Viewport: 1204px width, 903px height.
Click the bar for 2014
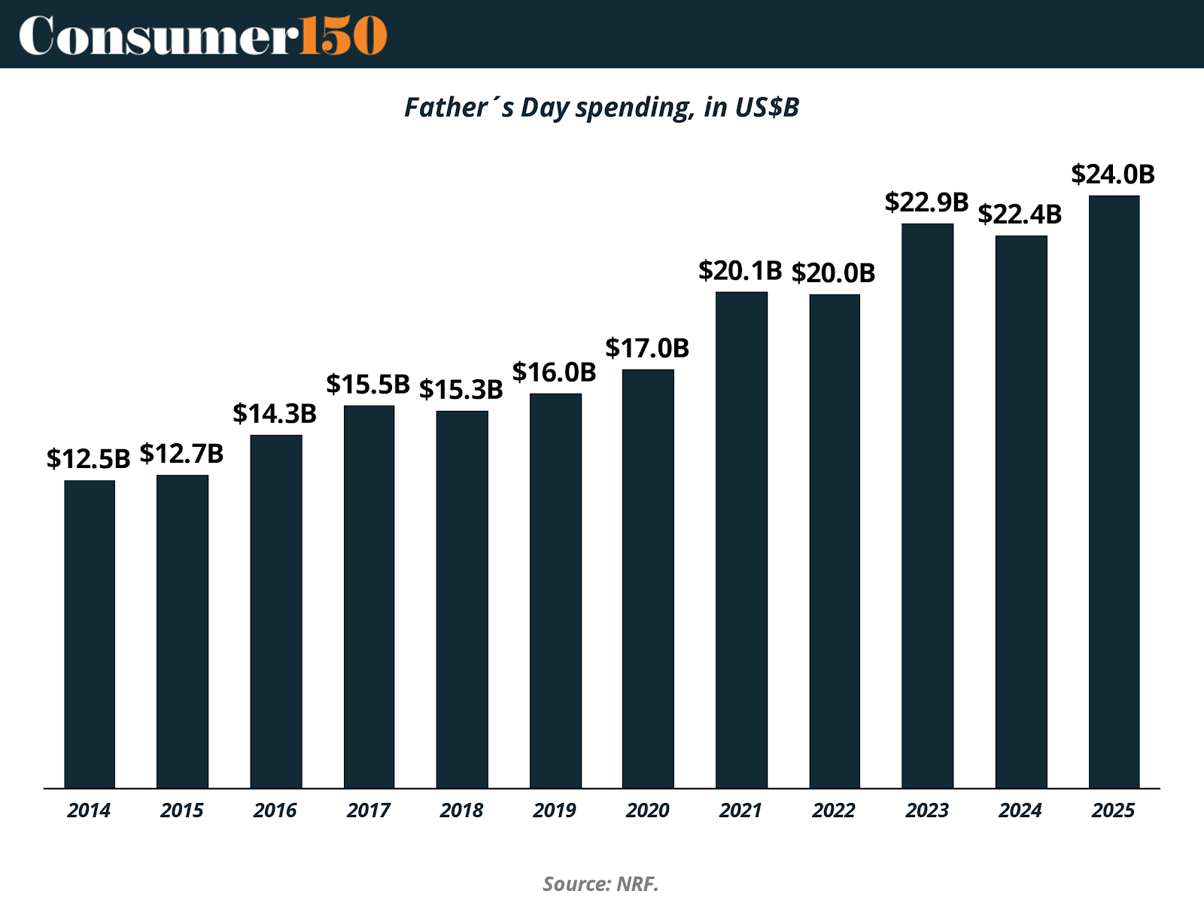[90, 634]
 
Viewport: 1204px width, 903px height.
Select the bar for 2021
[741, 540]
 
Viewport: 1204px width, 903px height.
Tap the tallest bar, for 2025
[1114, 491]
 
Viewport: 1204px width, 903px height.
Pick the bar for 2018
[462, 599]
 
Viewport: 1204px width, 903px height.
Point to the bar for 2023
[927, 506]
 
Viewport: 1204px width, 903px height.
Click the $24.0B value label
[1112, 175]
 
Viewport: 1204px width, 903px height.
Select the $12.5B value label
[88, 459]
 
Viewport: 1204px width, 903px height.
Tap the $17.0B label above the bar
[647, 348]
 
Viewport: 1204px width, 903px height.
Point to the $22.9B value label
[926, 202]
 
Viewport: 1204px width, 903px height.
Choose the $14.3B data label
[275, 414]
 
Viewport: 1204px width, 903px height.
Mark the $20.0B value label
[833, 273]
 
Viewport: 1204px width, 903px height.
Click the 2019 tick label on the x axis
[555, 810]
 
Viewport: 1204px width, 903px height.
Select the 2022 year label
[834, 810]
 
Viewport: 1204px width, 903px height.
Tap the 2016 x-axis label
[275, 810]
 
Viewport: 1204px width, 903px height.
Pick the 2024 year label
[1020, 810]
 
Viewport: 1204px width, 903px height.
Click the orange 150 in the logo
[343, 35]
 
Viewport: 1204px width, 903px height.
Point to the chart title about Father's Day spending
[601, 108]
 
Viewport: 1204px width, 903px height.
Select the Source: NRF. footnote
[600, 883]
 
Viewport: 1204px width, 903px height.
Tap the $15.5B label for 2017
[367, 385]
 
